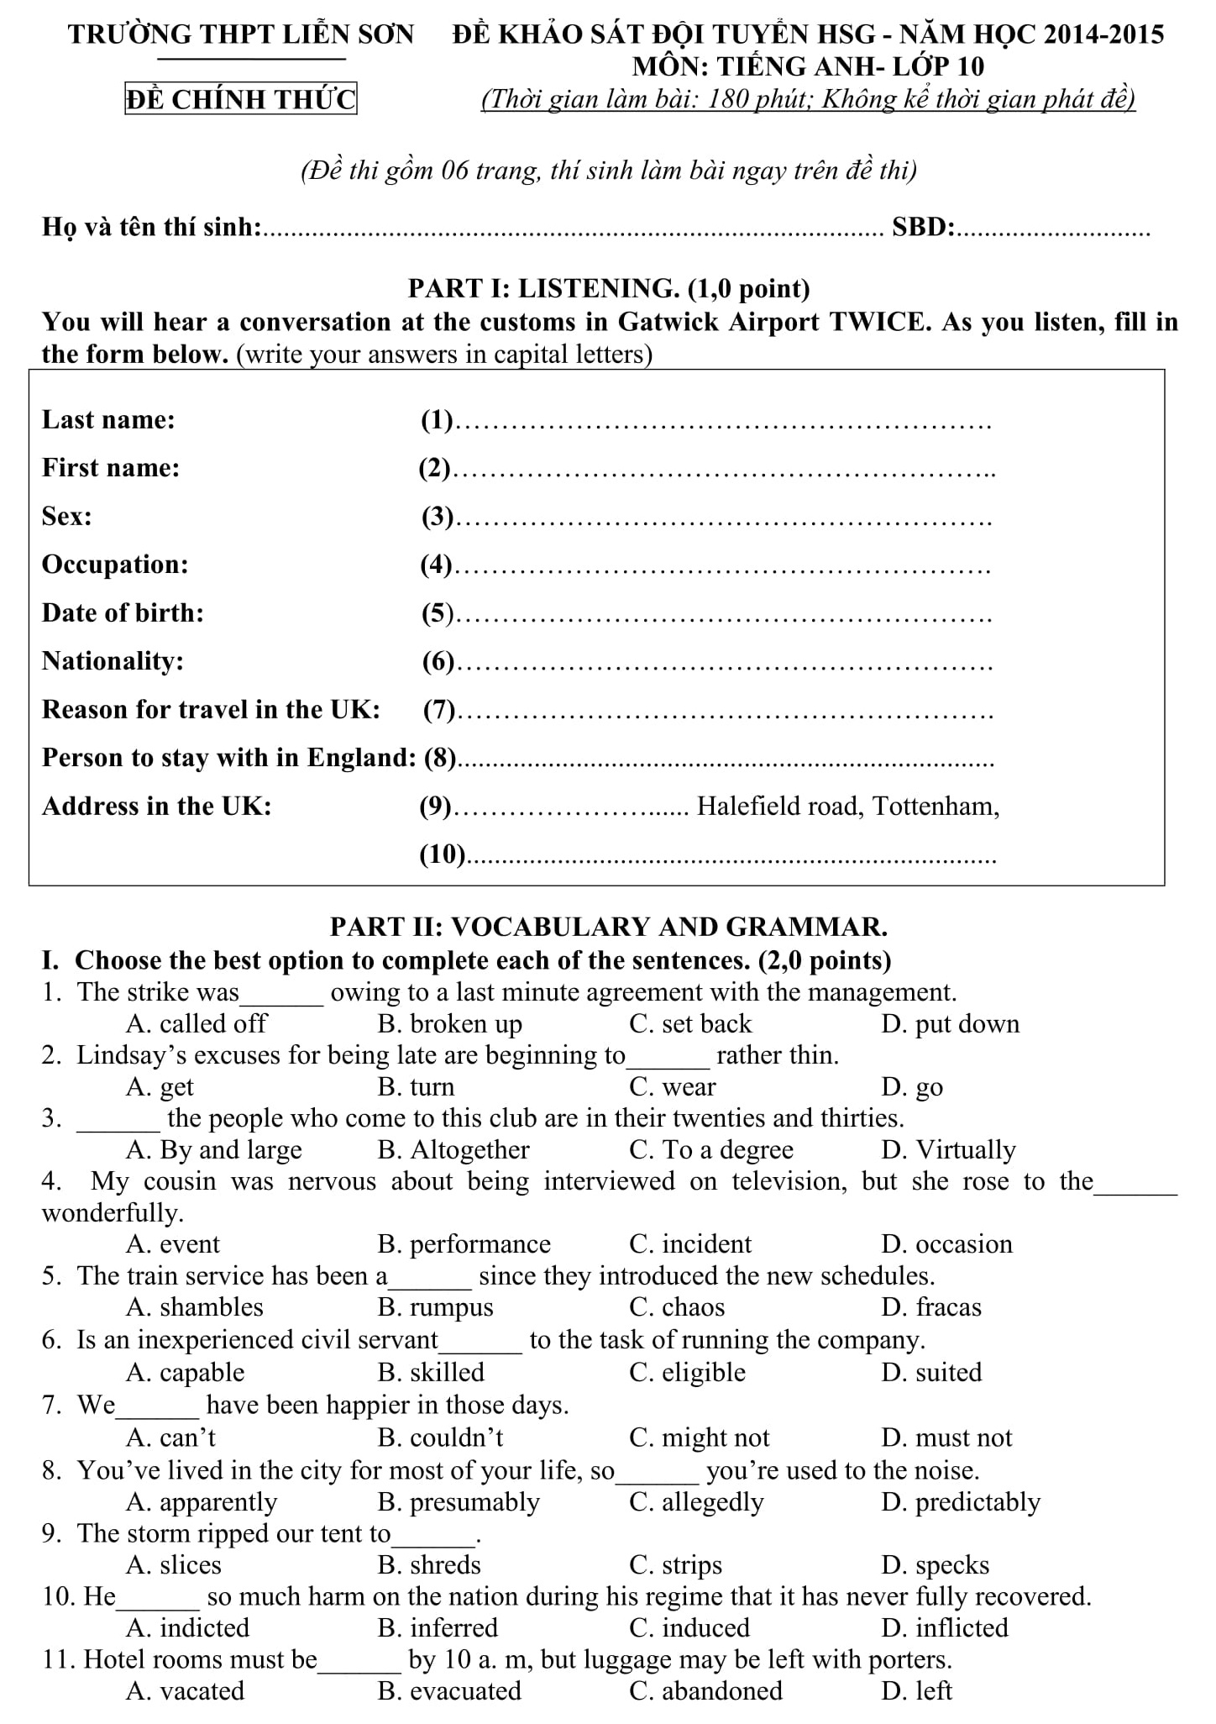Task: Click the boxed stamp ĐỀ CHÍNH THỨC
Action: click(x=241, y=99)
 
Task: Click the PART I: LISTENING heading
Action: click(x=609, y=288)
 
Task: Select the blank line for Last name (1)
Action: click(x=727, y=422)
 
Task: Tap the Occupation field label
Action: click(x=115, y=565)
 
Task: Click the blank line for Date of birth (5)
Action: click(x=727, y=615)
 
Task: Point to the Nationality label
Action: click(x=113, y=661)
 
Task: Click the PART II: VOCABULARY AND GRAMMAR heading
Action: click(x=609, y=927)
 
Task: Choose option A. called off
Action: click(x=197, y=1023)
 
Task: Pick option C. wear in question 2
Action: click(x=673, y=1087)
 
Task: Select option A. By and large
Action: click(x=214, y=1149)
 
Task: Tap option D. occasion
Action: click(x=947, y=1243)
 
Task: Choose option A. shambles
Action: click(x=195, y=1307)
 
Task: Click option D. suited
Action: click(x=932, y=1372)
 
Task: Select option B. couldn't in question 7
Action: click(x=441, y=1438)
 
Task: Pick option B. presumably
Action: click(x=459, y=1501)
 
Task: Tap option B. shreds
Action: click(x=430, y=1564)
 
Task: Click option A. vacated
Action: click(x=186, y=1690)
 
